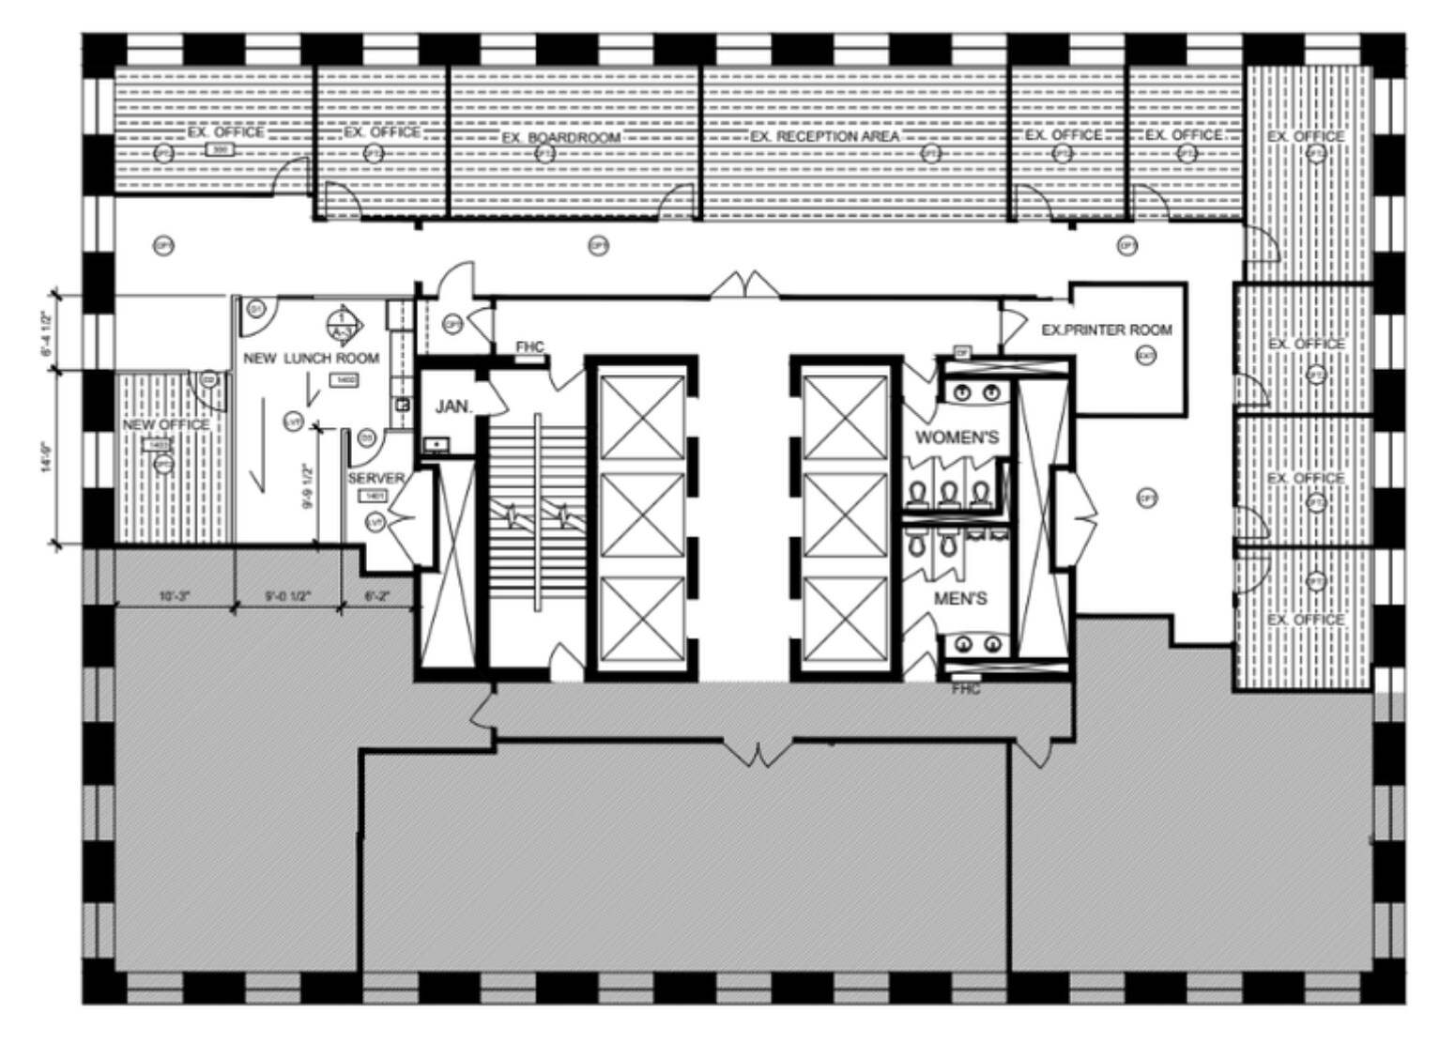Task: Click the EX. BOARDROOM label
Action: tap(560, 138)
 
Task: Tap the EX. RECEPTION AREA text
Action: tap(824, 136)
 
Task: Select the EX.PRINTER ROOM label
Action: tap(1107, 330)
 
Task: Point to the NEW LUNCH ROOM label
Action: tap(311, 358)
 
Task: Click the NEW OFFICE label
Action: tap(166, 424)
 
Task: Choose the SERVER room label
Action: tap(375, 478)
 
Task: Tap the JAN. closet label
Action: tap(452, 407)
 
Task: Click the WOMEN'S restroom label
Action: tap(957, 437)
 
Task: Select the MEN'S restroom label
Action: tap(960, 598)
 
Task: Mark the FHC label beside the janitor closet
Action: tap(529, 347)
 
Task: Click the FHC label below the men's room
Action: tap(966, 689)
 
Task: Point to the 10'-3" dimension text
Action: tap(175, 595)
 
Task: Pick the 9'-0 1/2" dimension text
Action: tap(287, 595)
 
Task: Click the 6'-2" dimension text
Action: tap(376, 595)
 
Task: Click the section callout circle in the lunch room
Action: tap(341, 324)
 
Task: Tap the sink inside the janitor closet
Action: tap(435, 444)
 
